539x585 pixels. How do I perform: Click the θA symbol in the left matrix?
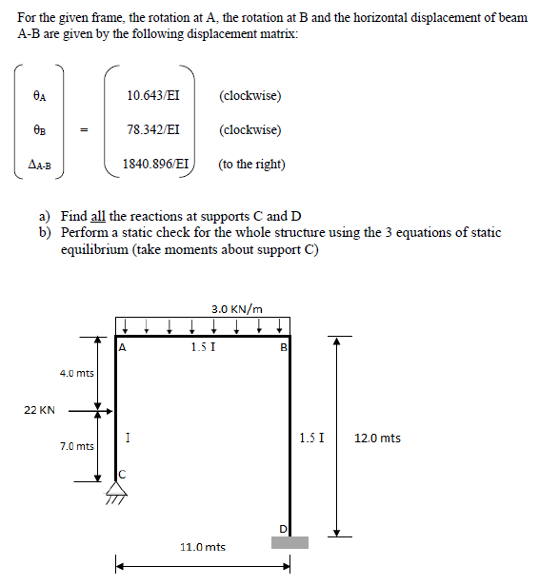click(39, 96)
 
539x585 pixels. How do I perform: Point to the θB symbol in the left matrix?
click(39, 130)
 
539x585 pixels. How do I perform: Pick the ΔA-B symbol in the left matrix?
click(39, 164)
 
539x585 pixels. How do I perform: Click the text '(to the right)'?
click(251, 164)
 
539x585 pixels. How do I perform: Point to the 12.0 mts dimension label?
click(377, 438)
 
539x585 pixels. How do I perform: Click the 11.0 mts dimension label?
click(203, 547)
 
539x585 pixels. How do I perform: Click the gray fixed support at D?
click(289, 542)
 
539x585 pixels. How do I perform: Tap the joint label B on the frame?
click(282, 347)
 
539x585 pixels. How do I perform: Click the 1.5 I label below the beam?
click(202, 346)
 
